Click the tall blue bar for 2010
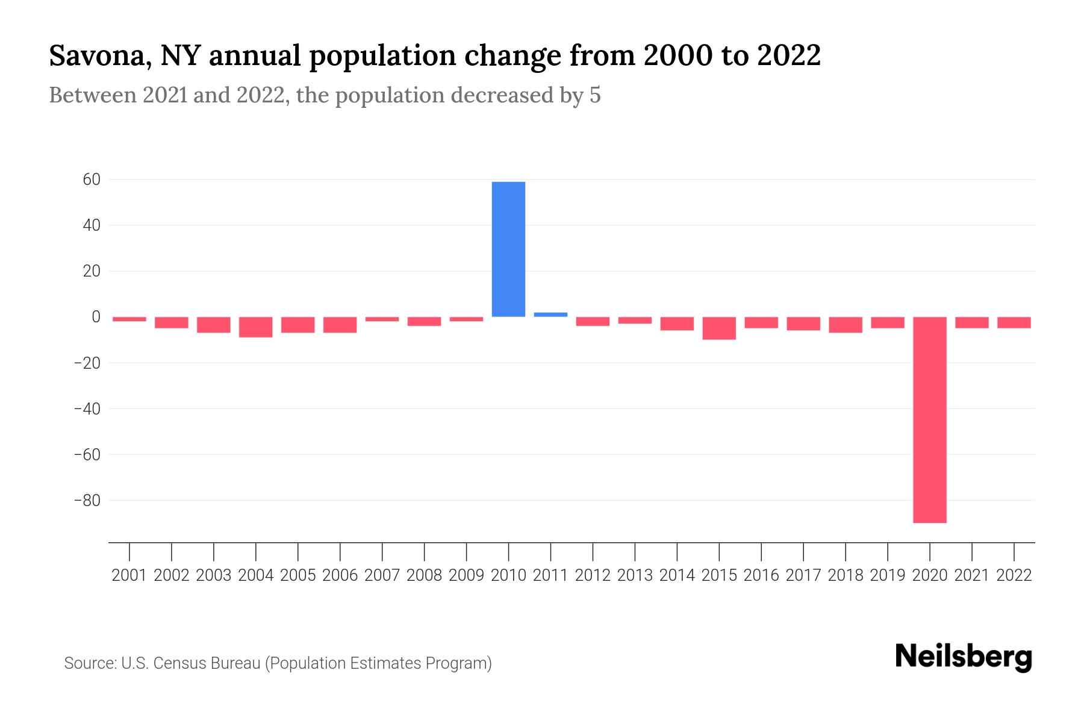(508, 249)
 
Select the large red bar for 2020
(929, 419)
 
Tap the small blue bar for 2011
(550, 315)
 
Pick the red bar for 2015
(719, 328)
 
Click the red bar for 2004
(256, 327)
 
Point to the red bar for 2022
(1014, 322)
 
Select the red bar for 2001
(129, 319)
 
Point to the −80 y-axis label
(87, 500)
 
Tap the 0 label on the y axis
(96, 317)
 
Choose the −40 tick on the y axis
(87, 408)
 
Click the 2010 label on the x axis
(508, 575)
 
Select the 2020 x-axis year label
(929, 575)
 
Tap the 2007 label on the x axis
(382, 575)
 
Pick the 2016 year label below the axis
(761, 575)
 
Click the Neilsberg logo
(964, 657)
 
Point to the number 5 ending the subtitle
(595, 95)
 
